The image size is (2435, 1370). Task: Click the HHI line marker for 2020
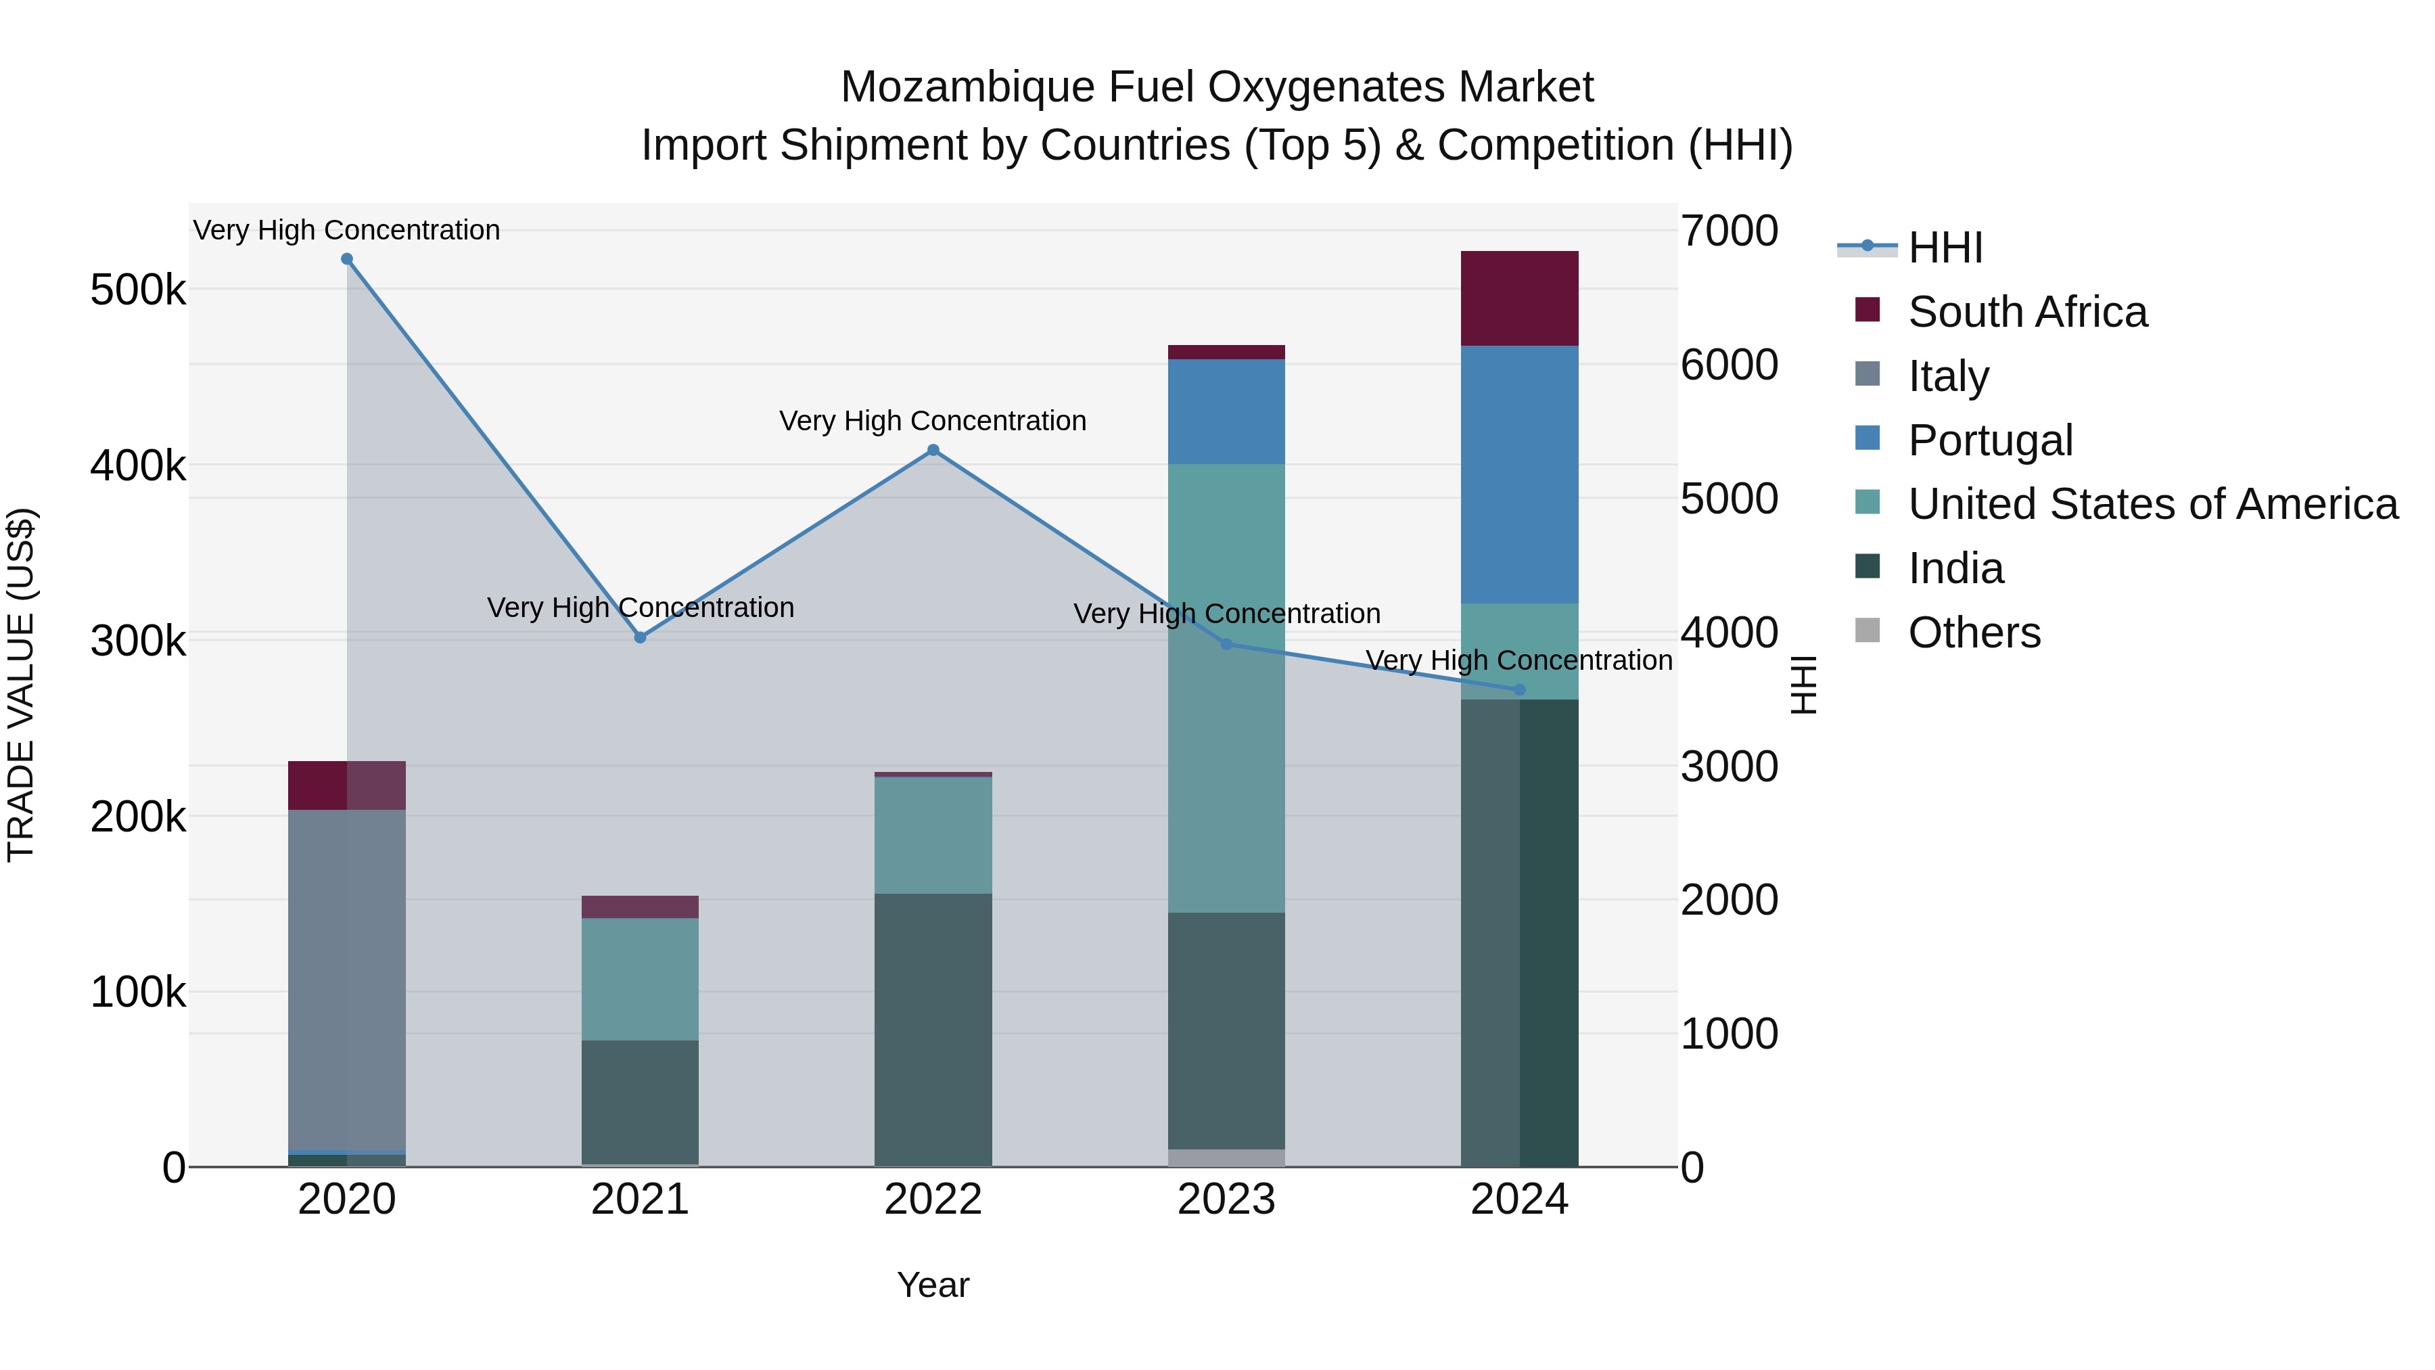click(347, 259)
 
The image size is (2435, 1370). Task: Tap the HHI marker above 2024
click(1519, 690)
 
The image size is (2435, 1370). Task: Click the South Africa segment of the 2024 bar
click(1519, 299)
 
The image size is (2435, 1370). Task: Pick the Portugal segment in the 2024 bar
click(1519, 475)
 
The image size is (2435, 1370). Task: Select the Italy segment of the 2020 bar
click(347, 980)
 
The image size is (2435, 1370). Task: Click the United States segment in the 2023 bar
click(1226, 687)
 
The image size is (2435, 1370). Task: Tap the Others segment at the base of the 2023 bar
click(1226, 1158)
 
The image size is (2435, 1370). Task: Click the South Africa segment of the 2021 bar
click(640, 907)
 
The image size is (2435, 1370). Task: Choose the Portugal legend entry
click(1990, 440)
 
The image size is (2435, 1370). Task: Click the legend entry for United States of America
click(2152, 504)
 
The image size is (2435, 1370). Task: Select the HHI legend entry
click(1945, 248)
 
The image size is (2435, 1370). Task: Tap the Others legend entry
click(1974, 633)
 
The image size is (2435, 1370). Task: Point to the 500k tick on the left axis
click(138, 290)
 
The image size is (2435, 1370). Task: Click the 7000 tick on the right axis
click(1729, 231)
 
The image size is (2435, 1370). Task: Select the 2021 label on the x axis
click(640, 1200)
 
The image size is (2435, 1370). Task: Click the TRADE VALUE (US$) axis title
click(22, 685)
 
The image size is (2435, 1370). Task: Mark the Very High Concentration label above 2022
click(932, 421)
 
